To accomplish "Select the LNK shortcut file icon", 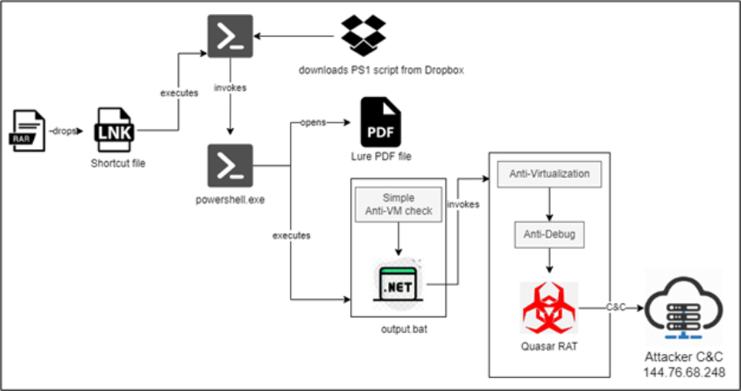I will pyautogui.click(x=116, y=132).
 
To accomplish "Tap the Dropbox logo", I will pyautogui.click(x=363, y=36).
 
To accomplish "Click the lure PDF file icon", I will pyautogui.click(x=379, y=123).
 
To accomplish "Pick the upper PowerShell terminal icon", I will pyautogui.click(x=230, y=37).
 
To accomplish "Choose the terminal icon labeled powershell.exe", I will pyautogui.click(x=230, y=165).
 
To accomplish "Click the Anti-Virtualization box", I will pyautogui.click(x=549, y=174).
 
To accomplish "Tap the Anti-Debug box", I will pyautogui.click(x=549, y=235).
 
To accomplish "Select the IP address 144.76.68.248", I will pyautogui.click(x=681, y=373).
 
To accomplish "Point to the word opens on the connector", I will pyautogui.click(x=313, y=122).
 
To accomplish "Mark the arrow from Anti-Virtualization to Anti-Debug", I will pyautogui.click(x=549, y=204).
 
